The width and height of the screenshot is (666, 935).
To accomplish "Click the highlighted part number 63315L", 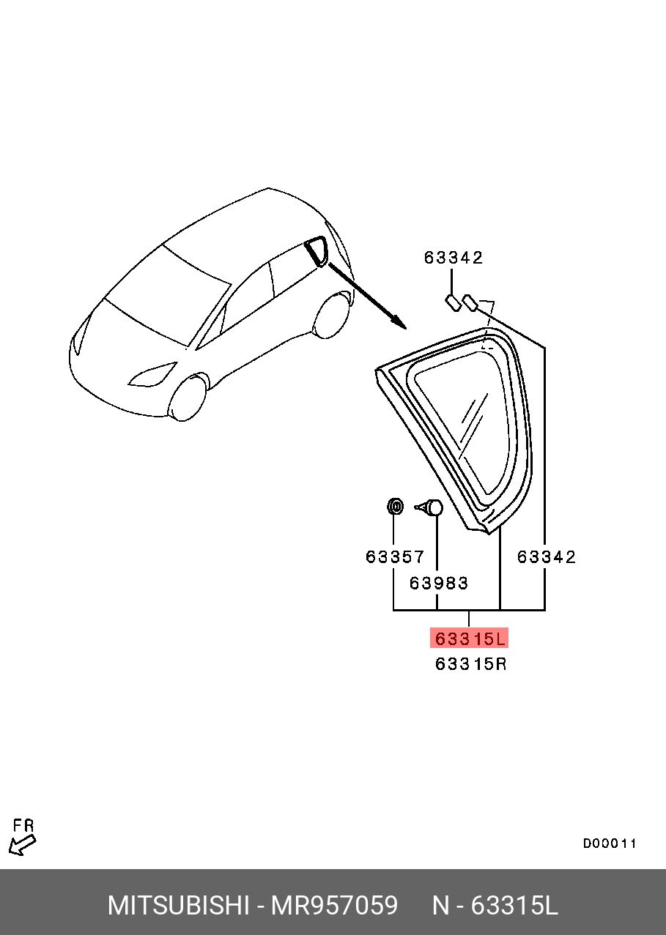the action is pos(469,639).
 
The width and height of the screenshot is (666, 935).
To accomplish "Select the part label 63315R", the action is pos(470,664).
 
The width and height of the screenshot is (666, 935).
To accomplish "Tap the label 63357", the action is pos(395,556).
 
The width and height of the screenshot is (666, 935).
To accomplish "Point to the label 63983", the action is pos(439,583).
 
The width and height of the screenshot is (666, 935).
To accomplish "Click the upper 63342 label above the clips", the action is pos(454,258).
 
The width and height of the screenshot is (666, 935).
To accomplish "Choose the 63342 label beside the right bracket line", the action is pos(547,556).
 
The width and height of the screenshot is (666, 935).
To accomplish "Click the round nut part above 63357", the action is pos(395,507).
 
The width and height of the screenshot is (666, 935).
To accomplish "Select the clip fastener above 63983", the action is pos(429,507).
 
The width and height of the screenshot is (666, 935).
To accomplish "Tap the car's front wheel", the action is pos(187,398).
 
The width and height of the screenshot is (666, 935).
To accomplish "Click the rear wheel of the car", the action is pos(332,315).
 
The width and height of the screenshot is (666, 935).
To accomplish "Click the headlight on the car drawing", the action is pos(152,374).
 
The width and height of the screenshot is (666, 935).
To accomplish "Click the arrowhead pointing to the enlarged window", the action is pos(399,322).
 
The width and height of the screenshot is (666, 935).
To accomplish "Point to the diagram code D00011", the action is pos(610,843).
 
